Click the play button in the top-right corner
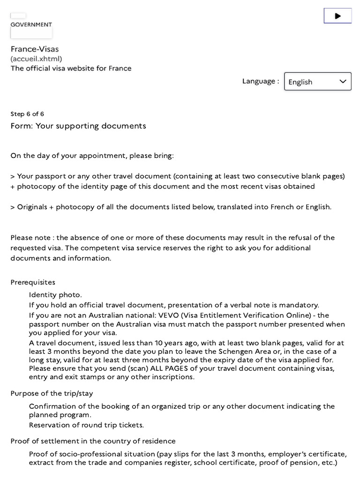337,16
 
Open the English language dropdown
317,82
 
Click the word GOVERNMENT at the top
31,24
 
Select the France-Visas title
35,49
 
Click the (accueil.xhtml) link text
36,59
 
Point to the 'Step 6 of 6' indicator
27,114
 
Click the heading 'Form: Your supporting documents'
78,126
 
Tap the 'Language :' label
260,81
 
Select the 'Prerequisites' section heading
33,282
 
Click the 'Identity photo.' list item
55,295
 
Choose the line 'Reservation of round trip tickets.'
86,425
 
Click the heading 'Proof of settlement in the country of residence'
93,441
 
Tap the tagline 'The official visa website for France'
71,68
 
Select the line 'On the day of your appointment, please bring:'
92,156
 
